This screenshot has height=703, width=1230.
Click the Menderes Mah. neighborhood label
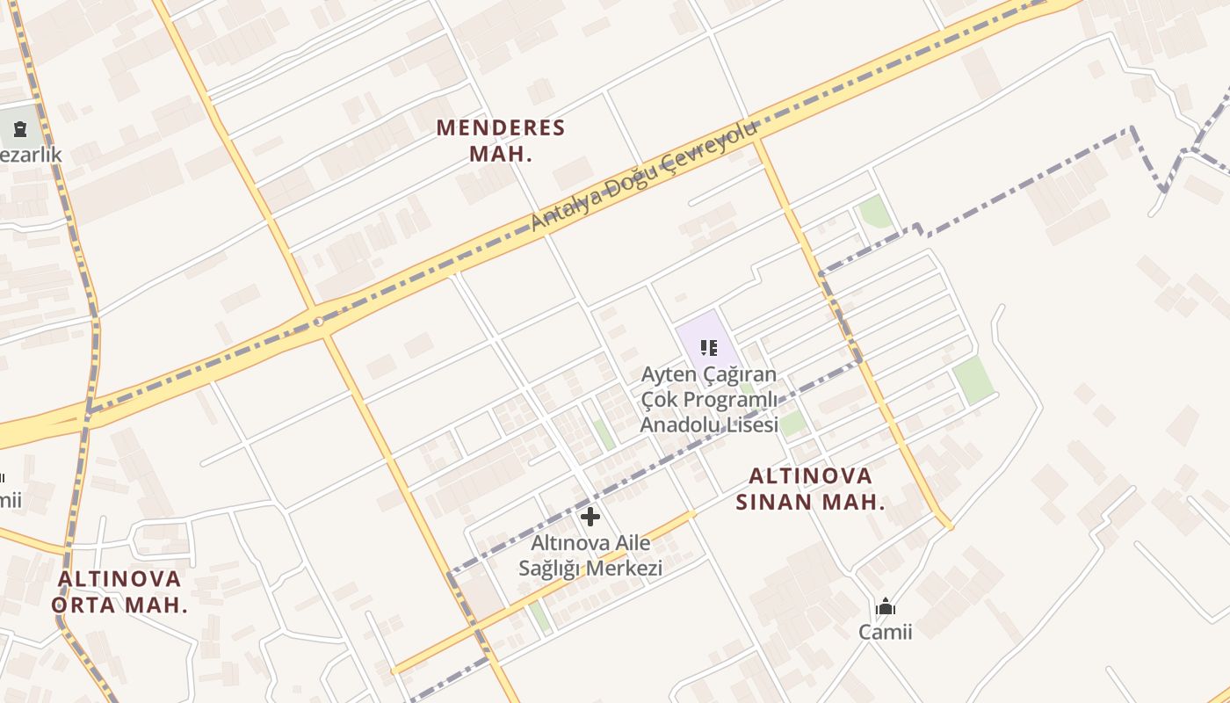tap(501, 141)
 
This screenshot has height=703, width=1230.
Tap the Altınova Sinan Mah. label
tap(809, 489)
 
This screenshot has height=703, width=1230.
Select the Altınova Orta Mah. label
tap(119, 591)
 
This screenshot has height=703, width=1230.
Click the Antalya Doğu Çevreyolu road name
tap(643, 177)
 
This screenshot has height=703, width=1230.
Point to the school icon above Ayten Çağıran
tap(709, 347)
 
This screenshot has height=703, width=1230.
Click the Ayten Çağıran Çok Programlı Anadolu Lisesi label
tap(709, 400)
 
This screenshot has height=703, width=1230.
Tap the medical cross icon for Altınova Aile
tap(590, 517)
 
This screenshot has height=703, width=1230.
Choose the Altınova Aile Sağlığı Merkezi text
tap(590, 555)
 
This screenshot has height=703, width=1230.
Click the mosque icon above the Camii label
tap(886, 606)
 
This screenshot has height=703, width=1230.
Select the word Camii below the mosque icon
tap(886, 632)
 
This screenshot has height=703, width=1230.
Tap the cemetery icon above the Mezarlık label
tap(19, 130)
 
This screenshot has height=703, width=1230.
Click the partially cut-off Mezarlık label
tap(30, 156)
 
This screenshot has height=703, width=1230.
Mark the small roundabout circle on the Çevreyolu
tap(318, 323)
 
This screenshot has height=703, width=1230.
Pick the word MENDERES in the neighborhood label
tap(501, 128)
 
